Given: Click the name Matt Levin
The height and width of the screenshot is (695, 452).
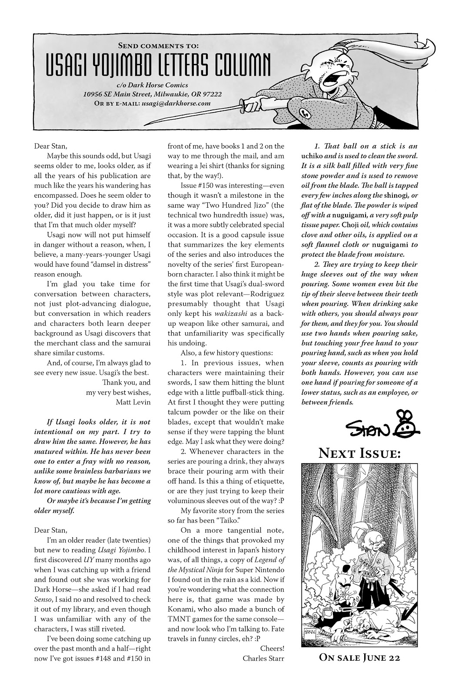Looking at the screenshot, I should click(133, 402).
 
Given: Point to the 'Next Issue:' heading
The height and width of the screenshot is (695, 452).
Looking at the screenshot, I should click(360, 454).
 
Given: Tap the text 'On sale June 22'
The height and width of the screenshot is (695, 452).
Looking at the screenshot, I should click(359, 657).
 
